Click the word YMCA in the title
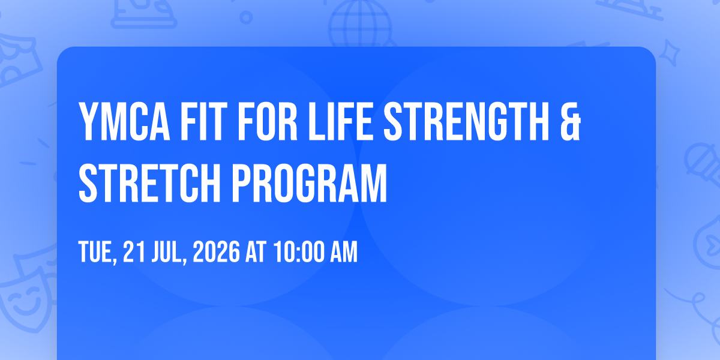[124, 121]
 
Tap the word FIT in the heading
[201, 121]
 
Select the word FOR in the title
[268, 121]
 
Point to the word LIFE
[341, 121]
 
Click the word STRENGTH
[466, 121]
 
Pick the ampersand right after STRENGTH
[571, 121]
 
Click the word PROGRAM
[309, 183]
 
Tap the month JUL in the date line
[169, 252]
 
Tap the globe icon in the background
[361, 23]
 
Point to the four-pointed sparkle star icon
[670, 53]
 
